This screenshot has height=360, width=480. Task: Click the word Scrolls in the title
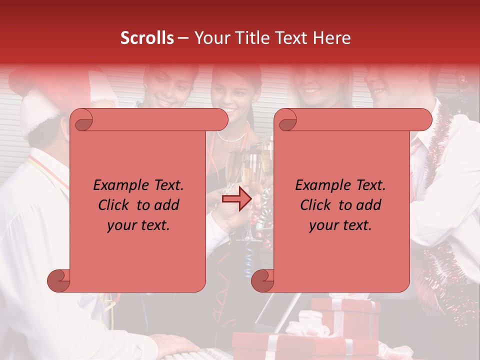[147, 38]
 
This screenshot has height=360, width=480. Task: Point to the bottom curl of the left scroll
[59, 280]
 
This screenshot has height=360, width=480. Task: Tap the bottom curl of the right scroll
[263, 280]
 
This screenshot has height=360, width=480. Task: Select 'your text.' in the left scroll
[138, 225]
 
